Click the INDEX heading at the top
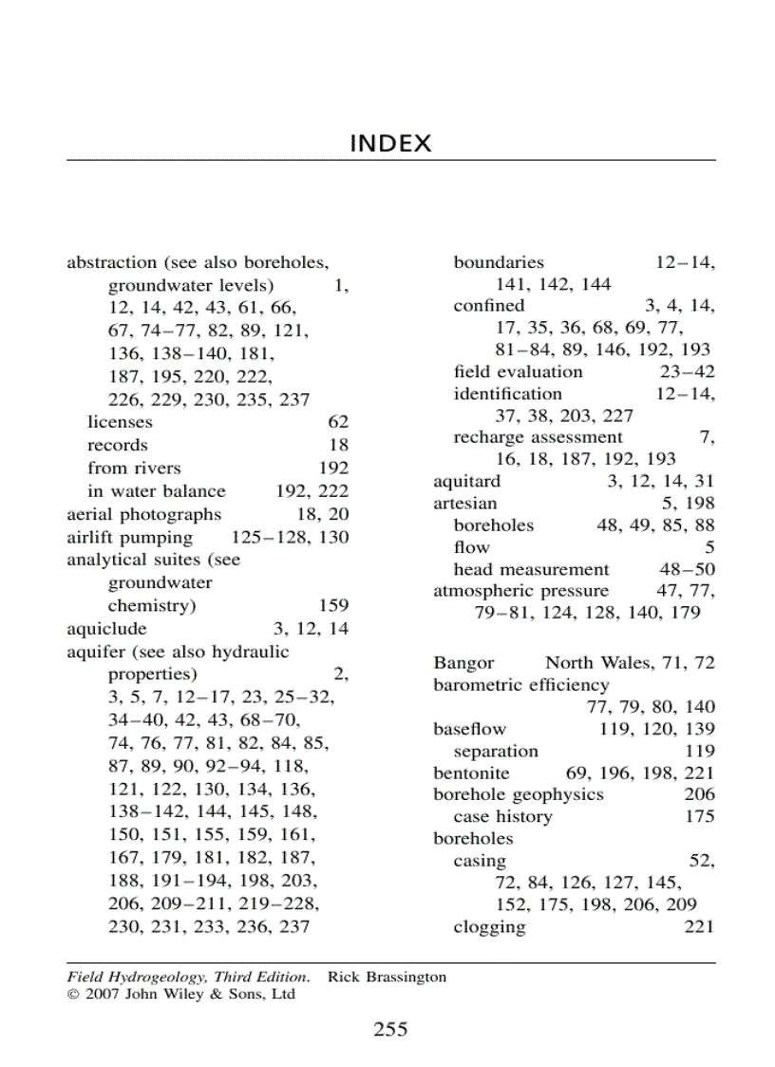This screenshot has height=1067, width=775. click(390, 143)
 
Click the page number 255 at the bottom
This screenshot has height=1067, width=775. click(390, 1029)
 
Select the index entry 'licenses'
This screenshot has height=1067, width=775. click(120, 422)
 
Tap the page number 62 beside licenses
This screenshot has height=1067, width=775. click(338, 422)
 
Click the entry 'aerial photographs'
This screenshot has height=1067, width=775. click(143, 514)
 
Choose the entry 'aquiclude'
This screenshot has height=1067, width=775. click(106, 629)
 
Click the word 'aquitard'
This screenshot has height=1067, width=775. click(466, 481)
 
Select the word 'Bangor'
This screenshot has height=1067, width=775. click(463, 662)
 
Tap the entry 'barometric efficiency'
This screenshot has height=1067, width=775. click(521, 685)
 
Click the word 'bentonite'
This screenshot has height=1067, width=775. click(471, 773)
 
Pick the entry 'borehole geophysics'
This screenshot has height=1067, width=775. click(519, 794)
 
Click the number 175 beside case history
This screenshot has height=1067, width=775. click(700, 816)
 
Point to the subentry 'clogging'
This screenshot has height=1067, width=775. click(489, 926)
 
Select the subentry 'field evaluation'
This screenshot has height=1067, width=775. click(518, 372)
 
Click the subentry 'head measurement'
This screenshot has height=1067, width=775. click(531, 569)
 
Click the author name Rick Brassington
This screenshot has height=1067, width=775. click(387, 977)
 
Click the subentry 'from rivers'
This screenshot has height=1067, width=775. click(134, 467)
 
